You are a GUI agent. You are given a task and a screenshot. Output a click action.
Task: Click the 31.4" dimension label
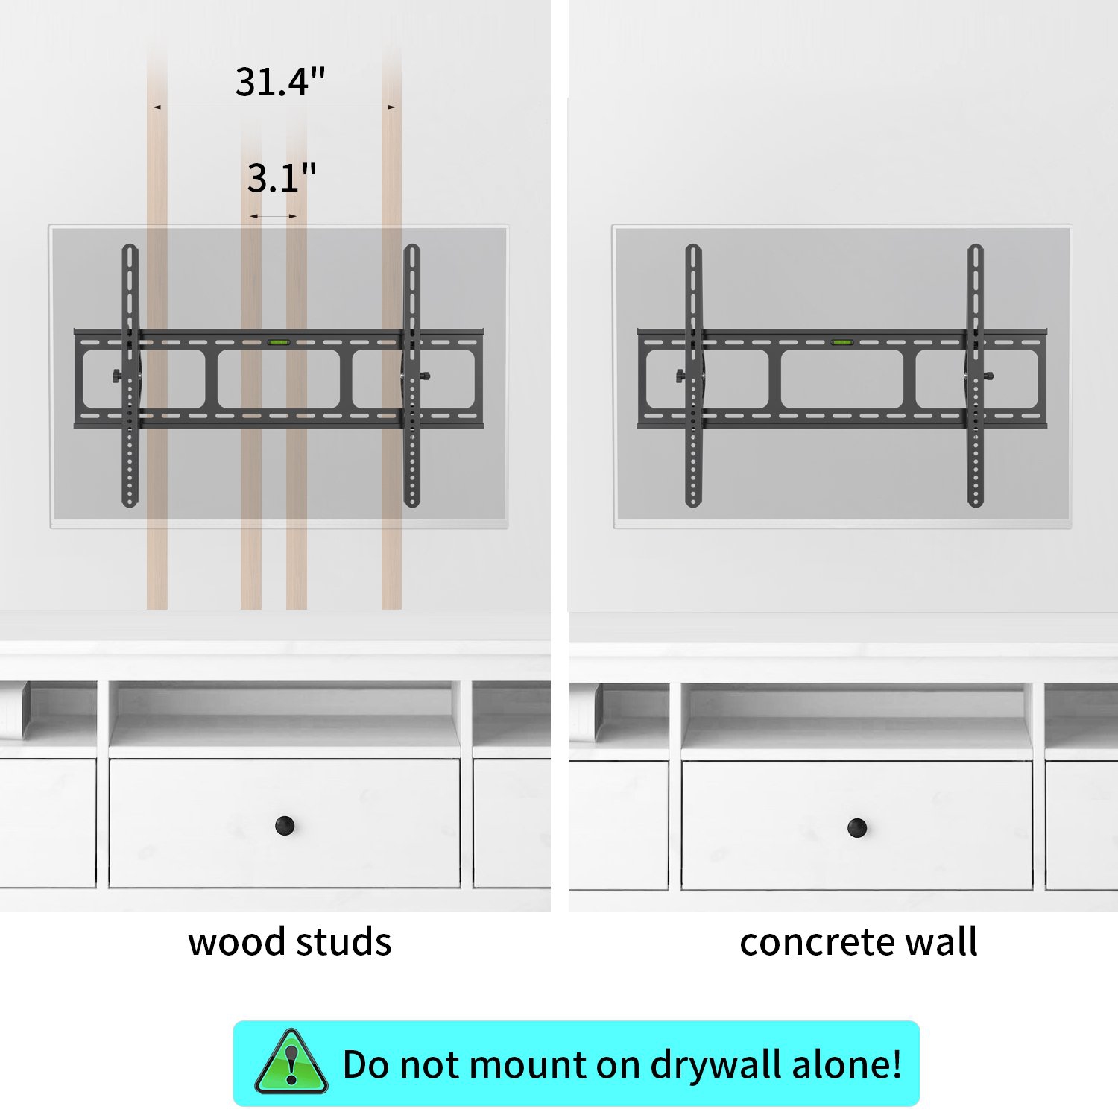(x=280, y=82)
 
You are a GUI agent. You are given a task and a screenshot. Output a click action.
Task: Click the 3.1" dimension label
(x=282, y=178)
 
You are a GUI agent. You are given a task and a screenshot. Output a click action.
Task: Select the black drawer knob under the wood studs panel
(x=285, y=825)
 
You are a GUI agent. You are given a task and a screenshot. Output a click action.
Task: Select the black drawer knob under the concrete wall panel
(x=857, y=827)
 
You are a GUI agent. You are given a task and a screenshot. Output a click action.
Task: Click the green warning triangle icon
(x=291, y=1062)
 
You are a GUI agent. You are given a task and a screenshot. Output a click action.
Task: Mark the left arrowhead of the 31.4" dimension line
(x=157, y=107)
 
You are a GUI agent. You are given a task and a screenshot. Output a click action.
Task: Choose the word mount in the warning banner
(x=528, y=1064)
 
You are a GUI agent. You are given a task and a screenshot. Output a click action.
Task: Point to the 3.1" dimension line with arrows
(x=274, y=216)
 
